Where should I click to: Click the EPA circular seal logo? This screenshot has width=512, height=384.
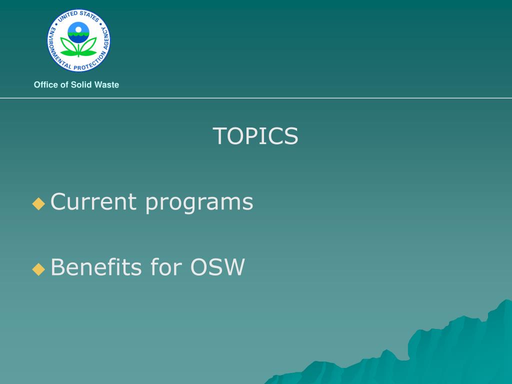pos(78,40)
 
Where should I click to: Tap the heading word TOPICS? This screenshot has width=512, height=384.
pos(255,136)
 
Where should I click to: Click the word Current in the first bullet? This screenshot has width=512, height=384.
pos(93,201)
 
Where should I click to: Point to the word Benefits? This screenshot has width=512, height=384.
pos(96,267)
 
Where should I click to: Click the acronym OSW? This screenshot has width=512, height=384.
pos(217,267)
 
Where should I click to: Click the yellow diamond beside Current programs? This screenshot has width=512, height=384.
pos(38,203)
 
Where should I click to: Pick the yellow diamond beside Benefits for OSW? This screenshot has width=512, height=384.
pos(38,269)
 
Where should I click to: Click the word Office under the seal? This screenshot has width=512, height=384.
pos(46,84)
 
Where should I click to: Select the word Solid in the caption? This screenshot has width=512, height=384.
pos(81,84)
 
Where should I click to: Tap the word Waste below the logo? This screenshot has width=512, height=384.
pos(106,84)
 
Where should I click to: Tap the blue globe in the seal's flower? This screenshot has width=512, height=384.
pos(78,32)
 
